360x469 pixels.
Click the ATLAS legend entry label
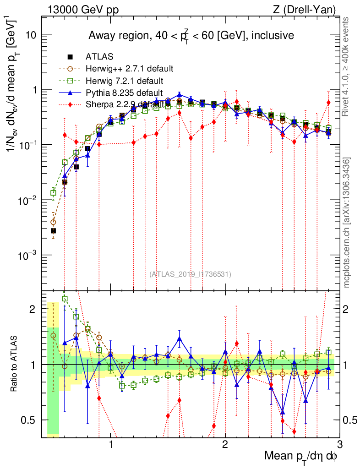click(97, 57)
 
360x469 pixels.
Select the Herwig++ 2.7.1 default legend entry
click(129, 69)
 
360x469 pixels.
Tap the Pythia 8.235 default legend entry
click(124, 93)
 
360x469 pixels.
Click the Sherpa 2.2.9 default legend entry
click(125, 104)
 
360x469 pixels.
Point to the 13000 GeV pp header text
click(83, 9)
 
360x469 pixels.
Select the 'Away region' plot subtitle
click(191, 35)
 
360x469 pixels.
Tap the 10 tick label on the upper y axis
click(31, 35)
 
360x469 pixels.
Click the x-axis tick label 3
click(339, 445)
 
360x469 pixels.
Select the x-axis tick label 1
click(111, 445)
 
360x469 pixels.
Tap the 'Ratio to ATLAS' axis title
click(14, 364)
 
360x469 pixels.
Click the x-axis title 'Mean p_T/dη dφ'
click(302, 456)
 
